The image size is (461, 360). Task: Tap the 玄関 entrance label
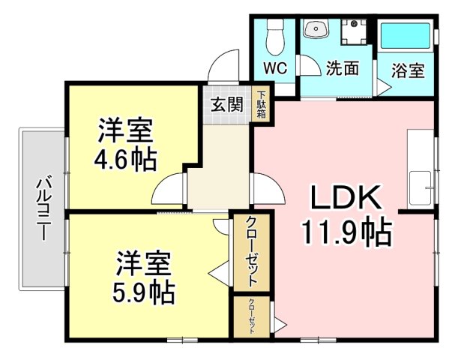(x=226, y=105)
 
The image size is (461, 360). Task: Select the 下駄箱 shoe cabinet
(x=262, y=105)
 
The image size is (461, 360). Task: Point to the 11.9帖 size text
(x=347, y=233)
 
